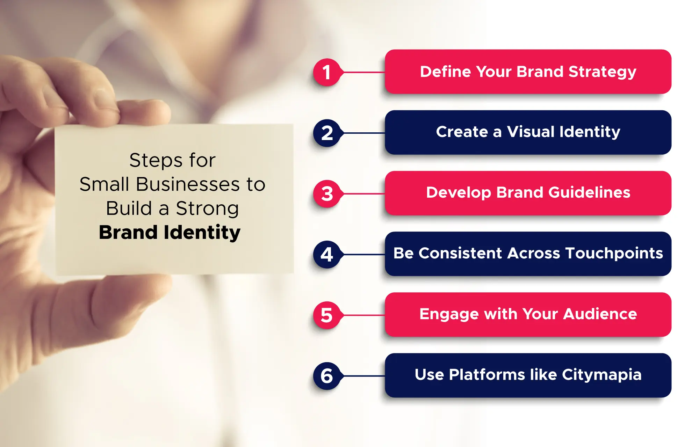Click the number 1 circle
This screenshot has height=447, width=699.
pos(327,72)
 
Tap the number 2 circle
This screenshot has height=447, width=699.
pos(327,133)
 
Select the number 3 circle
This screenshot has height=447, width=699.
pos(327,194)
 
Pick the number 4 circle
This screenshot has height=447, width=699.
pos(327,255)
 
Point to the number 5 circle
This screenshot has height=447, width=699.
pos(327,315)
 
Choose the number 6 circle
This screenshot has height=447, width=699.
pos(327,376)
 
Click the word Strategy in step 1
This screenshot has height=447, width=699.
pos(602,72)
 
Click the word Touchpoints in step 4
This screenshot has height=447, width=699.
pos(614,254)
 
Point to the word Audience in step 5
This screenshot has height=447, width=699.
pos(600,314)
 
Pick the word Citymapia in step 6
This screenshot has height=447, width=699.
pos(601,375)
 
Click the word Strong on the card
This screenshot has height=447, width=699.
pos(207,209)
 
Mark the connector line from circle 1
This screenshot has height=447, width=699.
pos(363,72)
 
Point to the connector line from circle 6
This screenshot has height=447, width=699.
pos(363,376)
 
